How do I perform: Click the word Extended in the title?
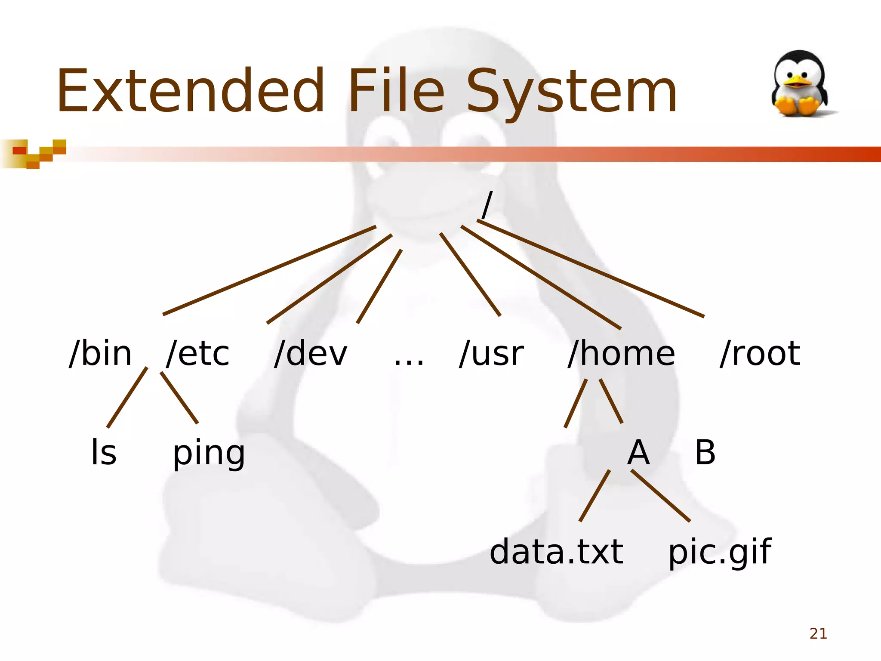[190, 91]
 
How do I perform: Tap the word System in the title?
[572, 93]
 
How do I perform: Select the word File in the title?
[396, 91]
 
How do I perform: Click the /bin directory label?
[100, 354]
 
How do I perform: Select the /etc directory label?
[198, 354]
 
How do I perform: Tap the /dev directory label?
[311, 354]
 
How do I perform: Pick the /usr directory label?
[491, 354]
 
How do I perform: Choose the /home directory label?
[621, 354]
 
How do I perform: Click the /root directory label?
[760, 354]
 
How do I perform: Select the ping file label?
[209, 454]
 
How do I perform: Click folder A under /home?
[638, 452]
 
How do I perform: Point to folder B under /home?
[705, 452]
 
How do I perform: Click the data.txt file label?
[556, 552]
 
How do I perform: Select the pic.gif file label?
[720, 553]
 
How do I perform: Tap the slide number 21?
[818, 633]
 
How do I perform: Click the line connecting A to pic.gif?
[661, 496]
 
